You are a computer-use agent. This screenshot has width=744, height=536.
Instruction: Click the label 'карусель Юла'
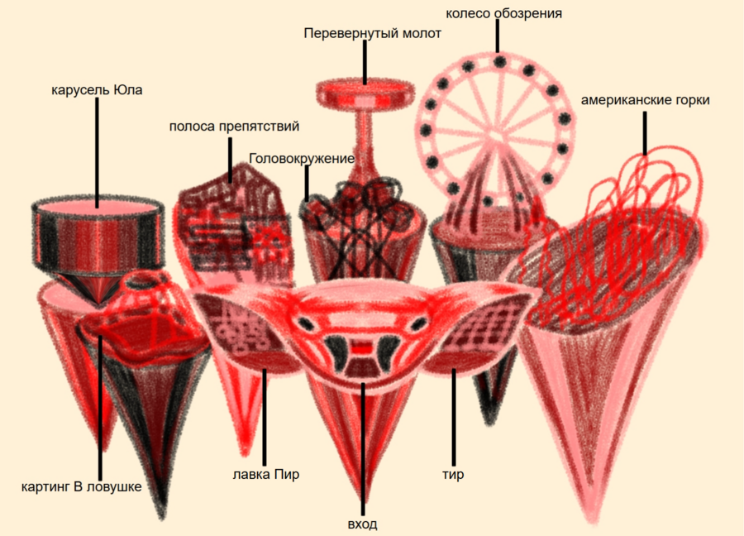click(97, 89)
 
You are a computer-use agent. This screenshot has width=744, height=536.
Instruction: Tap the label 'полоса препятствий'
click(234, 127)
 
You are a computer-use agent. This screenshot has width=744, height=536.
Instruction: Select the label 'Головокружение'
click(302, 159)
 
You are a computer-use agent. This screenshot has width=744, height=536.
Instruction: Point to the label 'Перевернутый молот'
click(373, 34)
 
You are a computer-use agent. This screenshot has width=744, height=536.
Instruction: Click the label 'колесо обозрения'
click(504, 14)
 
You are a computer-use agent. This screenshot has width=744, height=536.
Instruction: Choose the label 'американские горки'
click(646, 100)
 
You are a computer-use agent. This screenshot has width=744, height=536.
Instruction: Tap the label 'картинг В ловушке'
click(82, 486)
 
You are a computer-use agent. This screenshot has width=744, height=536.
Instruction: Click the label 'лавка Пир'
click(265, 474)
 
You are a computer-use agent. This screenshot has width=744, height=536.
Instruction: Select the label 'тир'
click(453, 474)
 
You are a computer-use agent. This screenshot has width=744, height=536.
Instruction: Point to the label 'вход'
click(363, 524)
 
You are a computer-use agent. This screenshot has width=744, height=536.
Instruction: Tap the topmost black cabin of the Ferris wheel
click(499, 61)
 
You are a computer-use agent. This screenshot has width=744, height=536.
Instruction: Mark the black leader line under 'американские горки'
click(644, 133)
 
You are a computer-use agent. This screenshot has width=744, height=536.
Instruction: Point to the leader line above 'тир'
click(454, 417)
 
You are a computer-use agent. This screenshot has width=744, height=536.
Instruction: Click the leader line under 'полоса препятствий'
click(230, 160)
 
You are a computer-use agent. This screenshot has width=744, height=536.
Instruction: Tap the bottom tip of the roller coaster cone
click(593, 521)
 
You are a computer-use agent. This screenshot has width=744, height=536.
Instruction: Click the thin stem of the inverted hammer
click(365, 142)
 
